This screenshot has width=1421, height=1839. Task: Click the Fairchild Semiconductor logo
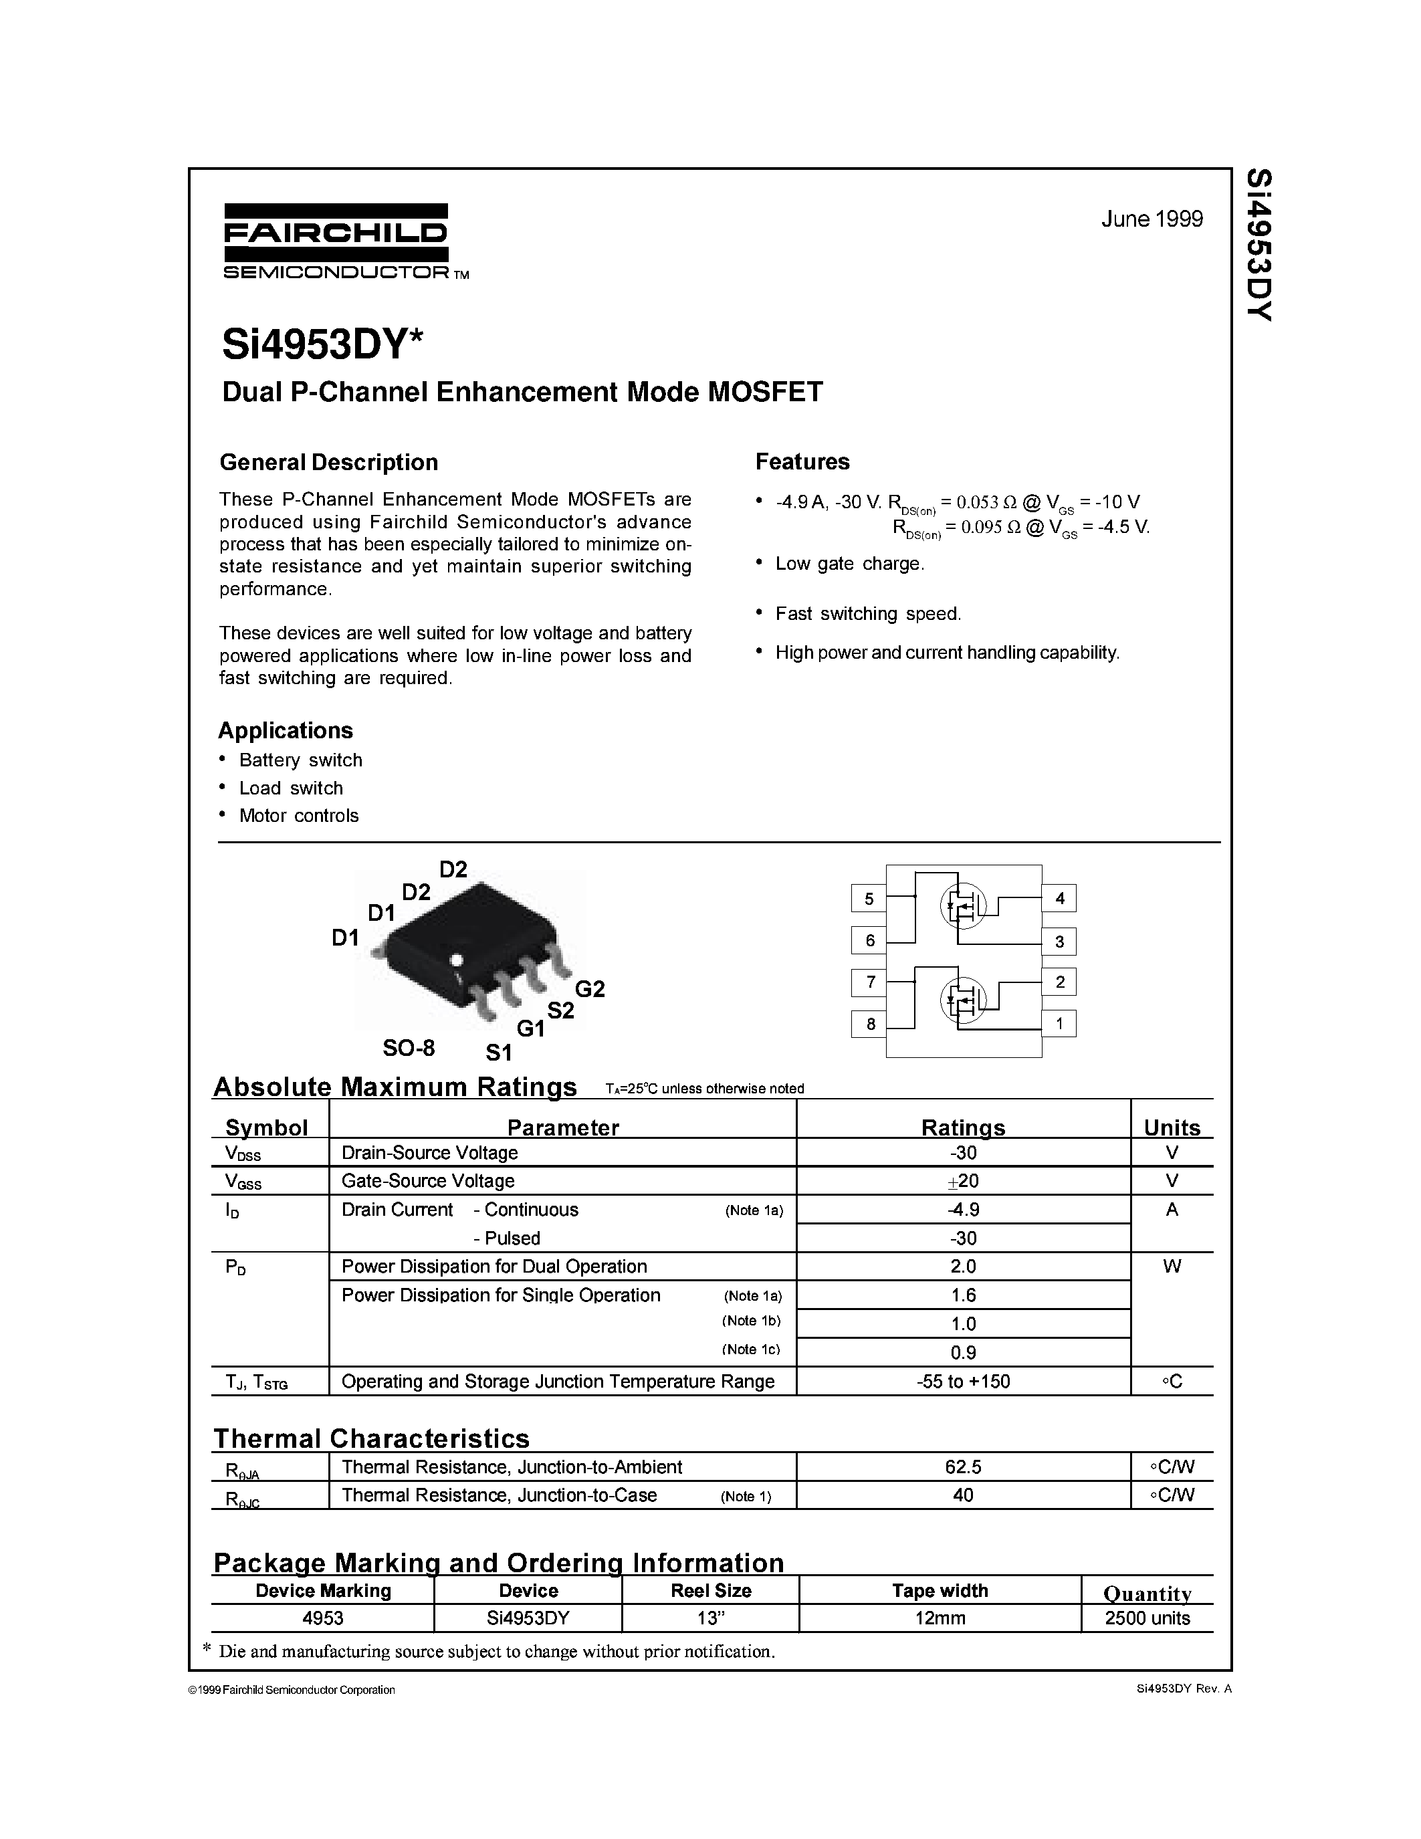click(x=337, y=241)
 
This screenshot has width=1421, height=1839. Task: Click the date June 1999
click(x=1152, y=219)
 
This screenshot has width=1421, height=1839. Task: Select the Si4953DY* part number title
click(x=322, y=344)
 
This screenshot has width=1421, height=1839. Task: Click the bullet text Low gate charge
click(x=849, y=564)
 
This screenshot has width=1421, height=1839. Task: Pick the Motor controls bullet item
click(x=298, y=815)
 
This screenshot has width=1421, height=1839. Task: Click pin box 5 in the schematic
click(x=869, y=899)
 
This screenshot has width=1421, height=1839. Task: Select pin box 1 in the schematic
click(x=1059, y=1023)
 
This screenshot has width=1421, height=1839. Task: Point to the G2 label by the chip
click(x=589, y=988)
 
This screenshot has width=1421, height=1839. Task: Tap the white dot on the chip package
click(x=457, y=959)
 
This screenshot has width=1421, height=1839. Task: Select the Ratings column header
click(x=962, y=1127)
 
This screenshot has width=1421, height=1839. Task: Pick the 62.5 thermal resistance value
click(x=962, y=1467)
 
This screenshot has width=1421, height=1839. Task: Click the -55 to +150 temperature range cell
click(x=962, y=1381)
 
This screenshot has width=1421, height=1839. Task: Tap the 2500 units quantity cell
click(x=1147, y=1618)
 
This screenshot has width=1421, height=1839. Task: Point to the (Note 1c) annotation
click(x=751, y=1349)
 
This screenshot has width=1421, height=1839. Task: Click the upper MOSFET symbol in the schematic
click(x=962, y=906)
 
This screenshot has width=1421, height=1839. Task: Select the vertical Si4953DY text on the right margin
click(x=1259, y=244)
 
